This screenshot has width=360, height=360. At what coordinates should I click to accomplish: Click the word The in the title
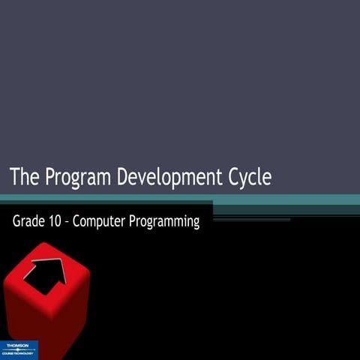click(x=25, y=178)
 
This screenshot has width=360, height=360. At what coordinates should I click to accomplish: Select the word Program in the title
click(x=77, y=178)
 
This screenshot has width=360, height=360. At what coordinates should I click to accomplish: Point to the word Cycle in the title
click(x=249, y=178)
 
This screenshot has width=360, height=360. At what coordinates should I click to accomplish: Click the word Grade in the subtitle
click(x=28, y=222)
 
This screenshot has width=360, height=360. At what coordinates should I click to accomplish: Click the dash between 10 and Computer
click(x=73, y=223)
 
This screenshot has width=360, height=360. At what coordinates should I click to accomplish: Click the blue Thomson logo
click(x=19, y=349)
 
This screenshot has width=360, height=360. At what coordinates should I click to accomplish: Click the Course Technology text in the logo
click(x=19, y=352)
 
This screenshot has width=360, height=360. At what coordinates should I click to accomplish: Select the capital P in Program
click(x=52, y=178)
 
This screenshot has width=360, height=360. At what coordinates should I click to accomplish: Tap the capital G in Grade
click(x=16, y=222)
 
